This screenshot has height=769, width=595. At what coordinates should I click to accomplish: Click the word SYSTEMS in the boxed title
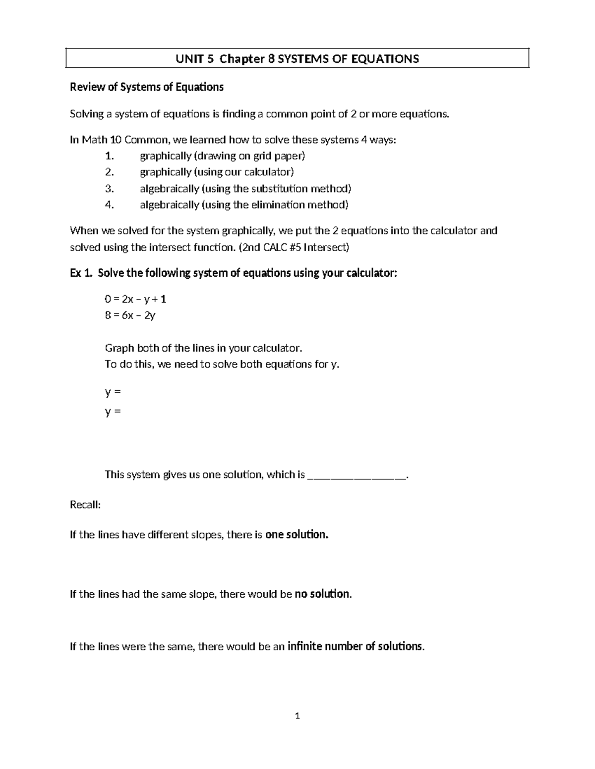point(302,59)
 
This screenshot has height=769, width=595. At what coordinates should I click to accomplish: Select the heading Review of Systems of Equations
point(147,88)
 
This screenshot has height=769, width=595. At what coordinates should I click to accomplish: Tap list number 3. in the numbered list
point(110,189)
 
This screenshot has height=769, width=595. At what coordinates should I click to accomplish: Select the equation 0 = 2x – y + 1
point(135,299)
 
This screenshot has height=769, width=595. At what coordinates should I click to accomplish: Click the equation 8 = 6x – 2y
point(130,315)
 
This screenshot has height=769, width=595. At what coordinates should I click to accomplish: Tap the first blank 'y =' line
point(113,392)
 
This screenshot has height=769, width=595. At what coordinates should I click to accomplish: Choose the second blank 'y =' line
point(113,411)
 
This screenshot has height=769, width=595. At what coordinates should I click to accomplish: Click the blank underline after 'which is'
point(357,476)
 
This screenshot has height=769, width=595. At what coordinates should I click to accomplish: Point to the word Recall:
point(85,505)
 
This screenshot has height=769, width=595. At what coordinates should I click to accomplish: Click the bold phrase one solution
point(297,535)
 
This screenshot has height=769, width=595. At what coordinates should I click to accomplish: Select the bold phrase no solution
point(323,594)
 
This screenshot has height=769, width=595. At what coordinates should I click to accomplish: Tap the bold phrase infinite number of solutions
point(356,647)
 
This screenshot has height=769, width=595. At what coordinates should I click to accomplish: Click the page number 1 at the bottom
point(297,716)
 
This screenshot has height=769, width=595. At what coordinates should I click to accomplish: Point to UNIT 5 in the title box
point(195,59)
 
